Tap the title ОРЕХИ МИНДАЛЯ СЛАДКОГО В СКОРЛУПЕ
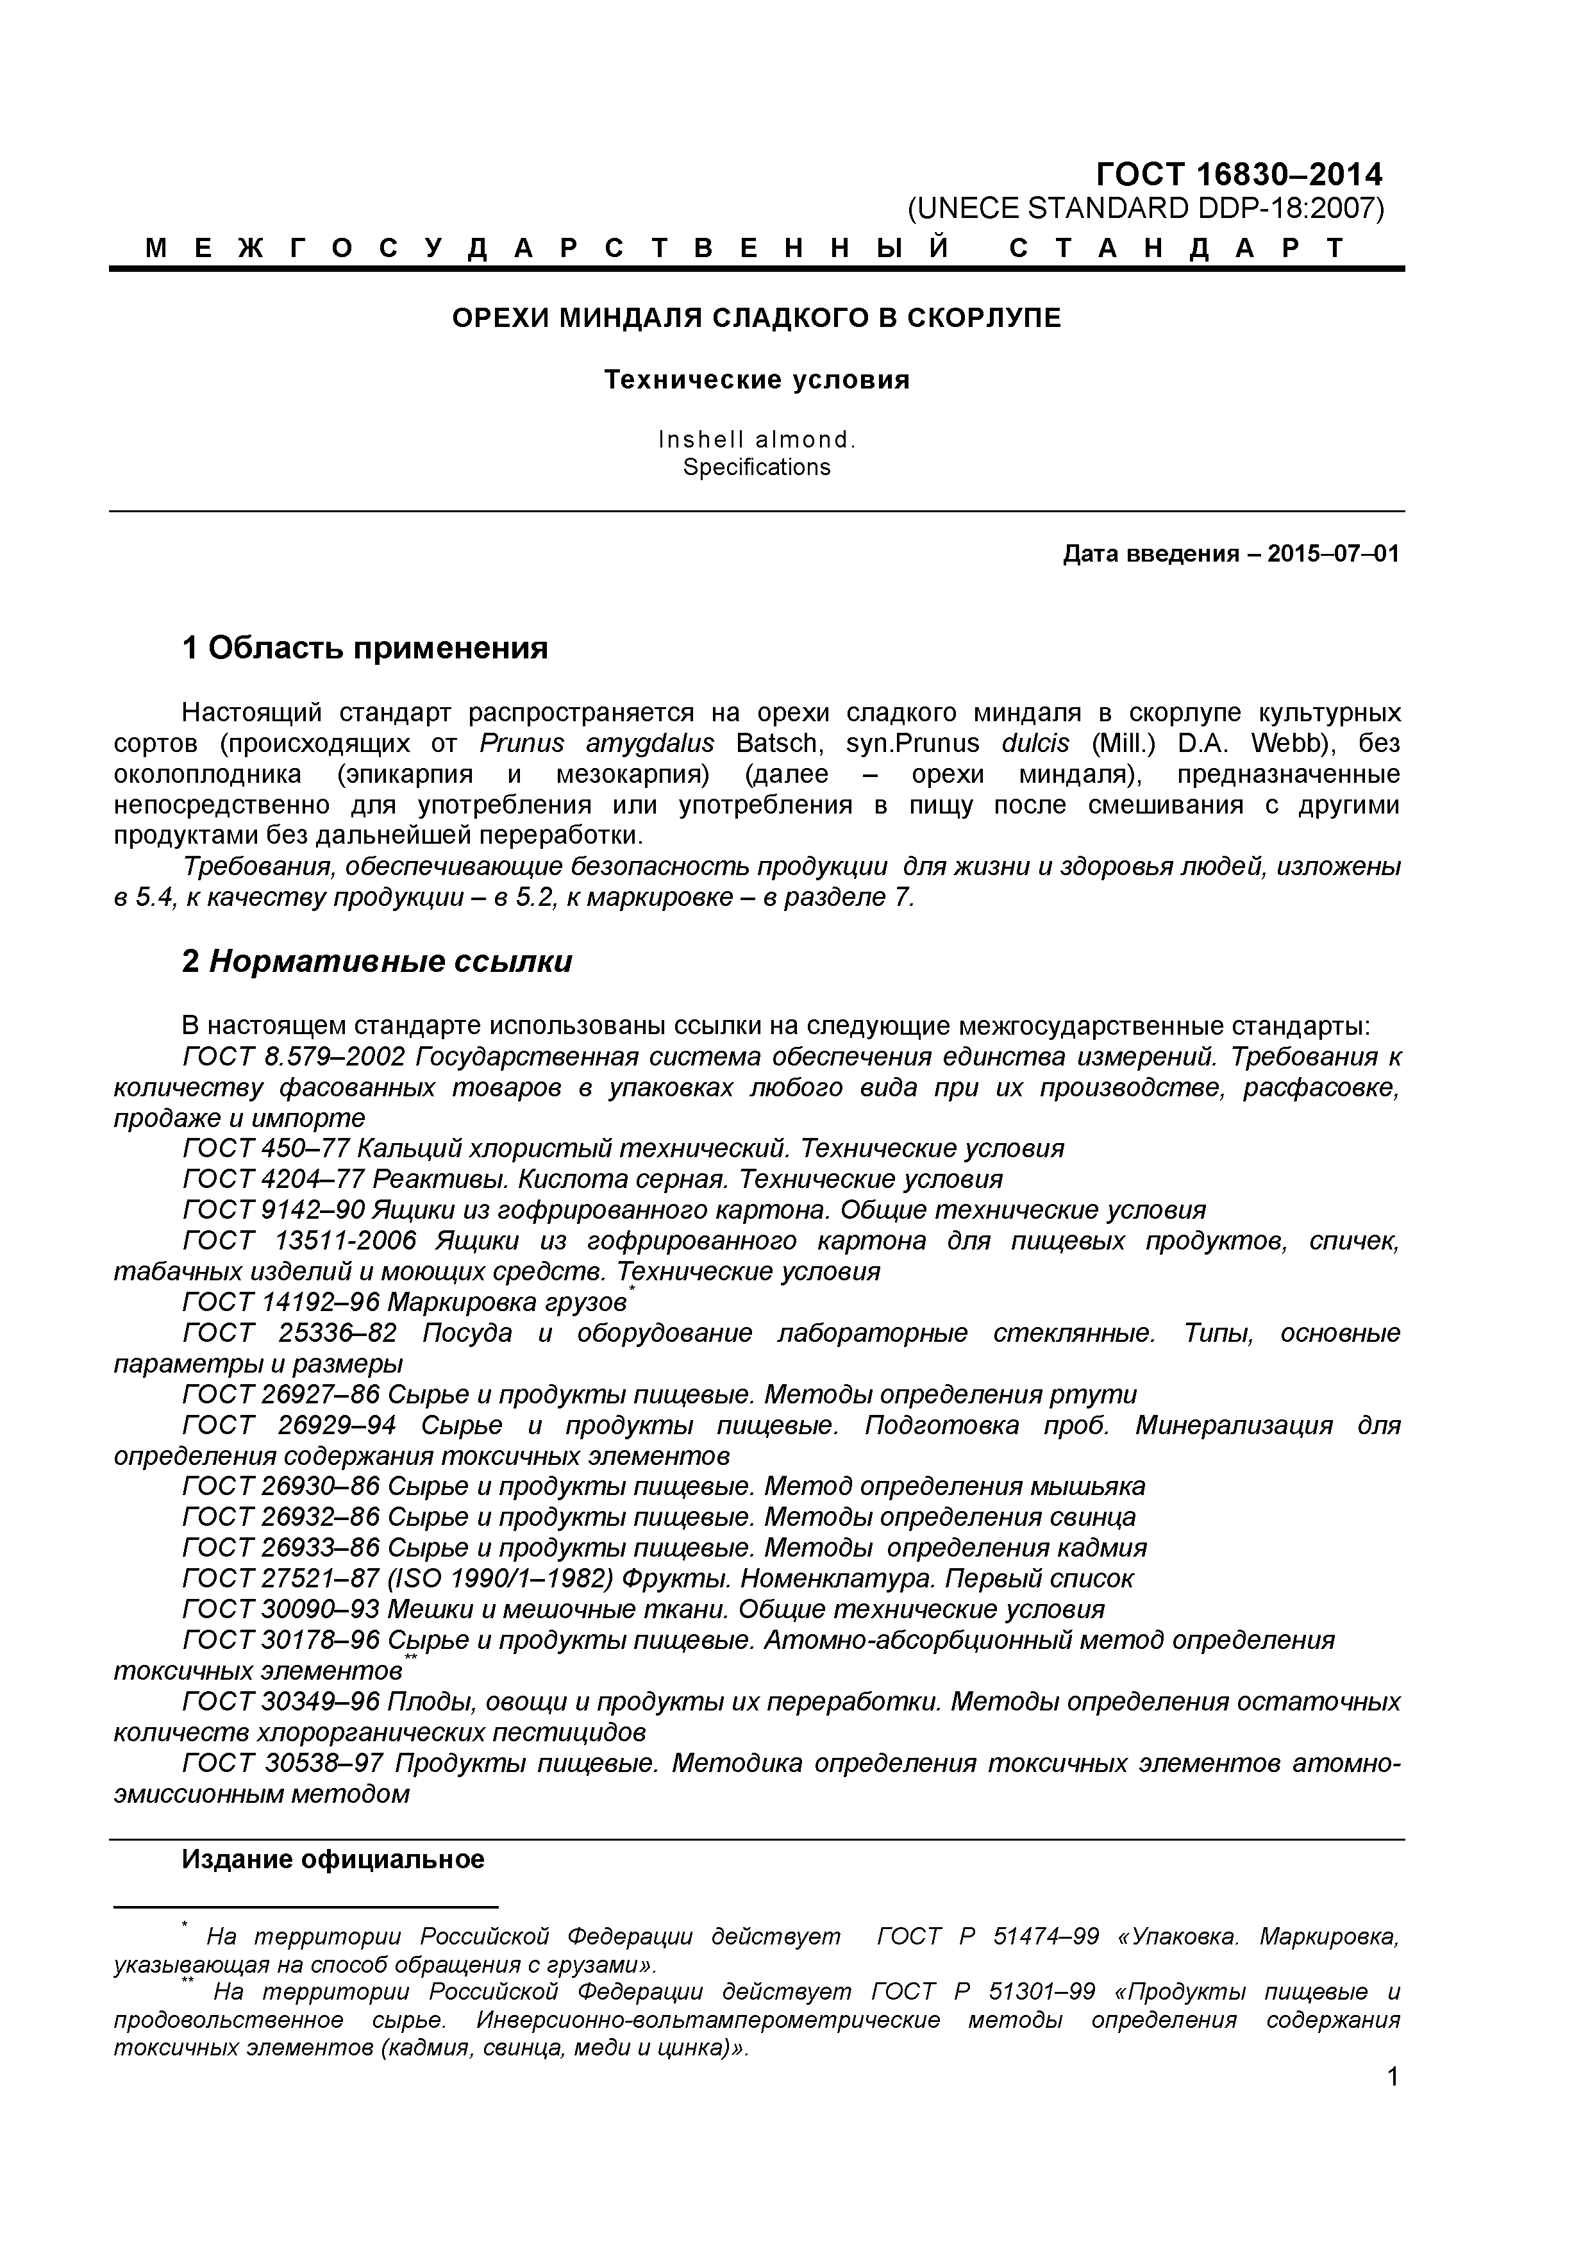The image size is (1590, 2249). [757, 319]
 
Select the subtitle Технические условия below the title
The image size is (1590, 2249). [757, 380]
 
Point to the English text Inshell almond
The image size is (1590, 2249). [757, 440]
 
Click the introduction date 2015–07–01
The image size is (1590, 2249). [1332, 555]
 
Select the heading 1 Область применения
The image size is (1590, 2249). [364, 648]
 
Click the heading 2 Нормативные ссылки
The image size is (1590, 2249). [377, 962]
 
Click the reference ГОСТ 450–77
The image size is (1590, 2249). [265, 1148]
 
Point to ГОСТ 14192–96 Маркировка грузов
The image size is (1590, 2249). [404, 1303]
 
